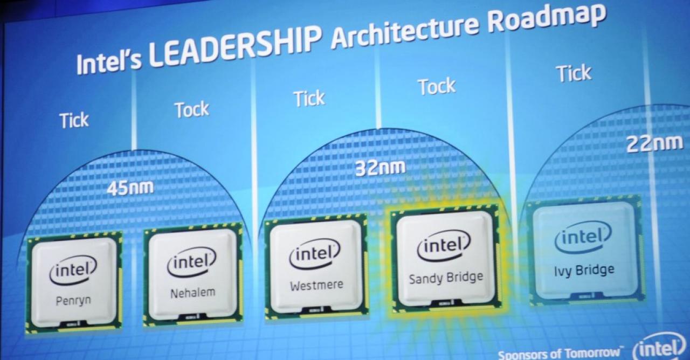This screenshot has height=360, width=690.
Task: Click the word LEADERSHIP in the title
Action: pos(235,46)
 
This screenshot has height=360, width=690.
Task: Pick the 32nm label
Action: pos(381,168)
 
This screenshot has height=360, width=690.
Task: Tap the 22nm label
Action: pos(654,144)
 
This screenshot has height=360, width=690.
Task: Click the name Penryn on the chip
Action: pos(73,301)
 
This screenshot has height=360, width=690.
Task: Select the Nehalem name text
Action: pos(192,293)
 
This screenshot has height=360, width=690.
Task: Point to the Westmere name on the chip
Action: pos(316,285)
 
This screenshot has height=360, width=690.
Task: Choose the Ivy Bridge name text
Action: pos(584,271)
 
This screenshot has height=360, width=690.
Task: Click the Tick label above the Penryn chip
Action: pos(74,120)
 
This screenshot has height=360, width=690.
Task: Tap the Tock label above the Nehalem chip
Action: pos(192,109)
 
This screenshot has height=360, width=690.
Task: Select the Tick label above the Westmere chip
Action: pos(309,99)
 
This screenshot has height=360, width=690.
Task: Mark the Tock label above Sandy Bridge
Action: pos(437,87)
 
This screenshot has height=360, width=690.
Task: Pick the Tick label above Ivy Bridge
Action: pos(574,73)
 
